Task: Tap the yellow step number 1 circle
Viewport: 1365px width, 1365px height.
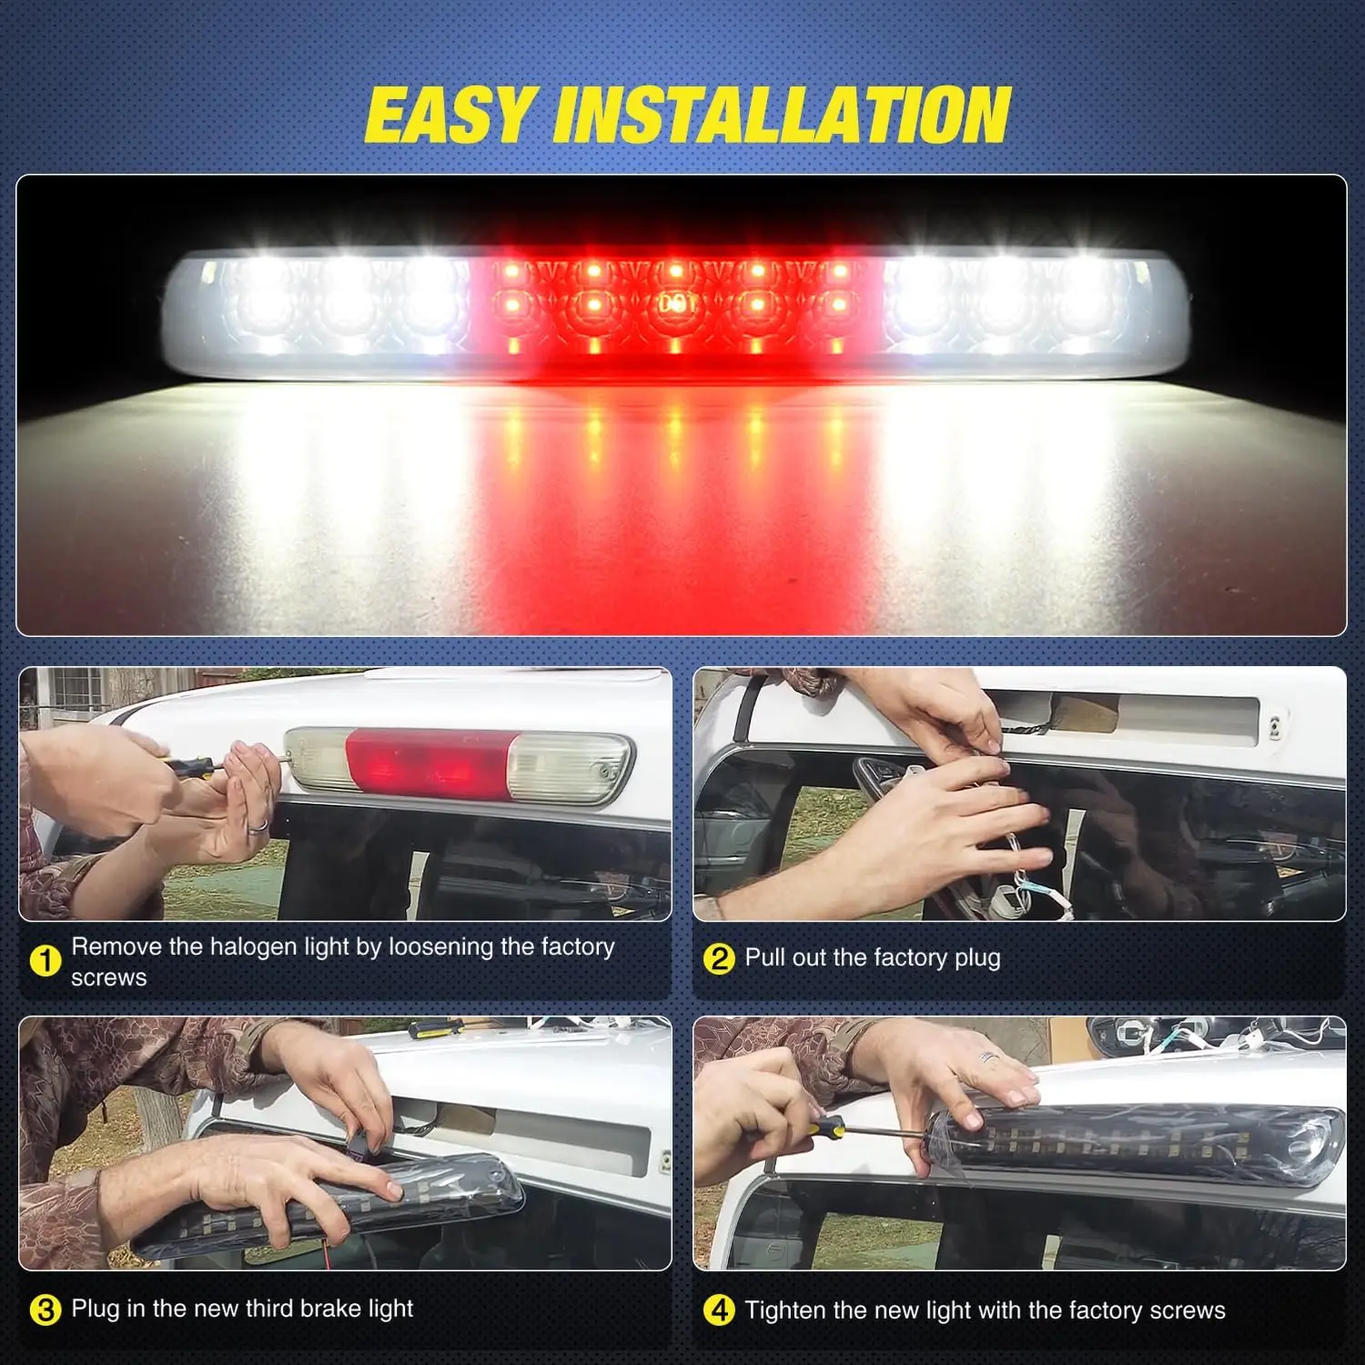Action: pos(45,961)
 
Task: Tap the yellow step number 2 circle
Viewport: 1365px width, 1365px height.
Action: pos(719,958)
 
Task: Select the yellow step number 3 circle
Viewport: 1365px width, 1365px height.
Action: pos(45,1310)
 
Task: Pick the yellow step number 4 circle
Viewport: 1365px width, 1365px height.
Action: pos(719,1310)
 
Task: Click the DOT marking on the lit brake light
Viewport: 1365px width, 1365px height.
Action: pos(675,304)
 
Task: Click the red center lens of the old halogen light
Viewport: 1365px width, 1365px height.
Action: pos(429,763)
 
